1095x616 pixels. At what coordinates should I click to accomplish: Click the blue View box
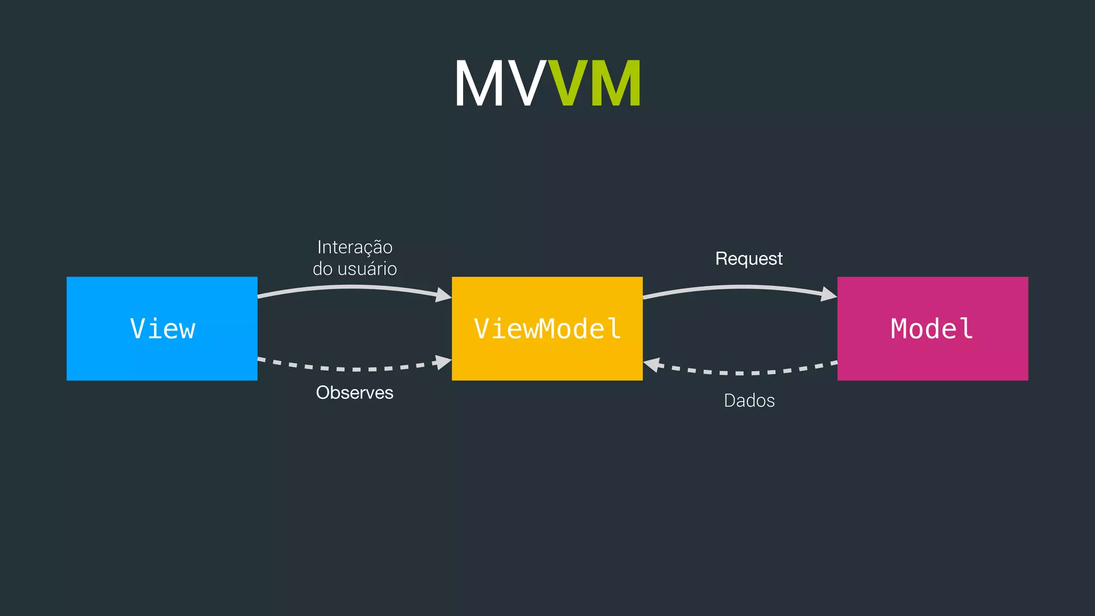tap(162, 328)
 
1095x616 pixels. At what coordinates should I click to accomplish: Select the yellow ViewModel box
tap(547, 328)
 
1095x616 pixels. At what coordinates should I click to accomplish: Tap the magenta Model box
tap(932, 328)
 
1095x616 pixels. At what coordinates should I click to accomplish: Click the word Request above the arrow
tap(749, 259)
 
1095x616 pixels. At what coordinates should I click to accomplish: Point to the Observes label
tap(354, 392)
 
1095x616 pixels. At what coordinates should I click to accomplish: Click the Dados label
tap(749, 401)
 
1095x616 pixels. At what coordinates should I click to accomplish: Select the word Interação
tap(354, 247)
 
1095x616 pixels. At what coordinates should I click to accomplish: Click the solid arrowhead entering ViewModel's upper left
tap(444, 295)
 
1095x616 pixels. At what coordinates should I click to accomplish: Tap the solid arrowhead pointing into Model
tap(829, 294)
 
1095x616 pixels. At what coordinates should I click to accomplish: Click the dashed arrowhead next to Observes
tap(443, 362)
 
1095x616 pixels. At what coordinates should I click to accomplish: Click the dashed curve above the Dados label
tap(749, 373)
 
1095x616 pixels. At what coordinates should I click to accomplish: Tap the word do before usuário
tap(322, 268)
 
